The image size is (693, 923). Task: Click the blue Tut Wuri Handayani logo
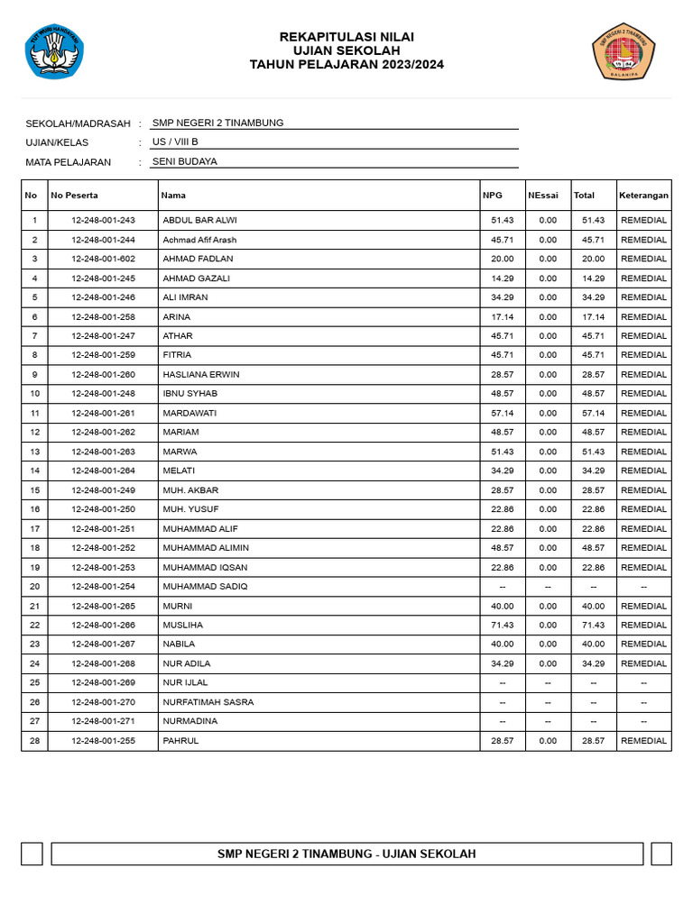point(54,50)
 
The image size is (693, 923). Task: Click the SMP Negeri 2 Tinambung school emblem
point(623,50)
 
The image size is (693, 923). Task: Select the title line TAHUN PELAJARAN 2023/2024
point(346,65)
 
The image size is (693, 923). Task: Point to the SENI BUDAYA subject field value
point(185,162)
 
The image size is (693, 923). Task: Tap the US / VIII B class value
point(175,142)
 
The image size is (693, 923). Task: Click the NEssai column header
point(543,196)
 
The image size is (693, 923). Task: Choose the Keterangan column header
point(643,196)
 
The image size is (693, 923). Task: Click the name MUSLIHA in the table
point(183,625)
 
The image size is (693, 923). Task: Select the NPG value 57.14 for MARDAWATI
point(503,413)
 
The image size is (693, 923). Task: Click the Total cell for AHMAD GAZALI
point(593,279)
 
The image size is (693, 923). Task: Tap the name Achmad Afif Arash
point(199,240)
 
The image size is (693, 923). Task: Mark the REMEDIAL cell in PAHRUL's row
point(643,741)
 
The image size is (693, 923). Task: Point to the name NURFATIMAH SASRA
point(208,702)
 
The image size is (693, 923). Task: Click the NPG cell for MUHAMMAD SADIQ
point(503,587)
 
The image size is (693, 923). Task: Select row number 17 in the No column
point(34,529)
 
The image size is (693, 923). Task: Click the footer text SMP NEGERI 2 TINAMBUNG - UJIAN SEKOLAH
point(346,854)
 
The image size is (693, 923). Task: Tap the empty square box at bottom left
point(32,854)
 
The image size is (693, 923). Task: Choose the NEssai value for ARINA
point(548,317)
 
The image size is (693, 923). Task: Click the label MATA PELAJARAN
point(69,162)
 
